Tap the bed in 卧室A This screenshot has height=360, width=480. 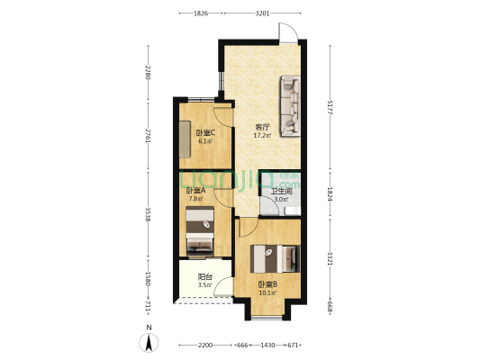[x=199, y=231]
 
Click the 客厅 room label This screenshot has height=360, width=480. [x=261, y=127]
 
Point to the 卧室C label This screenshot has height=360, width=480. [x=205, y=133]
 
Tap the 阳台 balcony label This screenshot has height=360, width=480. [x=204, y=277]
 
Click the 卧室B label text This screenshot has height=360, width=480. [x=267, y=284]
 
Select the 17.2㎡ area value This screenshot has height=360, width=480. [x=261, y=136]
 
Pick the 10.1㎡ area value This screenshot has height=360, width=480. [x=267, y=292]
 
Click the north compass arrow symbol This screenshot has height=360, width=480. [x=149, y=342]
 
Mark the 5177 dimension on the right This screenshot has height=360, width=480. [x=331, y=105]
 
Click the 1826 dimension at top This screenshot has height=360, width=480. [x=201, y=13]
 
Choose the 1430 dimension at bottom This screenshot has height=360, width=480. [x=267, y=346]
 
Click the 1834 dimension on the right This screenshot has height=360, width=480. [x=331, y=193]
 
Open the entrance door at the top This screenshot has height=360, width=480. [x=286, y=32]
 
